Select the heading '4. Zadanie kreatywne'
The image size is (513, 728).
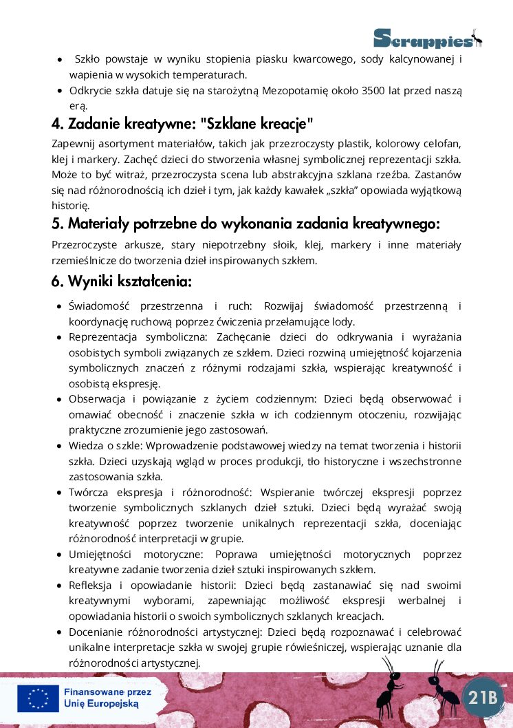pyautogui.click(x=182, y=124)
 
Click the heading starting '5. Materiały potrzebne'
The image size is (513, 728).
pyautogui.click(x=245, y=224)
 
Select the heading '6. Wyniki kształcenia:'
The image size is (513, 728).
pyautogui.click(x=121, y=281)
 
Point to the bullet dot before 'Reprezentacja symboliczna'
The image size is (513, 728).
pyautogui.click(x=60, y=337)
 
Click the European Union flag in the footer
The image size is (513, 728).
pyautogui.click(x=38, y=698)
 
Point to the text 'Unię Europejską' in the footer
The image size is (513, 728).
pyautogui.click(x=101, y=704)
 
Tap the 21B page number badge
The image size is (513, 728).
pyautogui.click(x=483, y=697)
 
